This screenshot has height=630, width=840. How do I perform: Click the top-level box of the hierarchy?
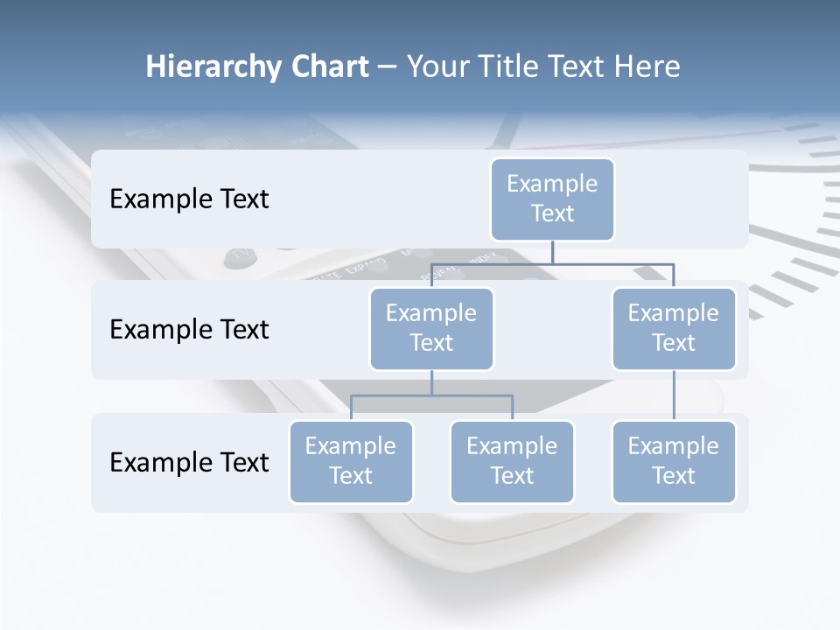point(552,199)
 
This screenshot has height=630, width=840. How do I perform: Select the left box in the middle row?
point(431,328)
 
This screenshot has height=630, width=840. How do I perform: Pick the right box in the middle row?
point(674,328)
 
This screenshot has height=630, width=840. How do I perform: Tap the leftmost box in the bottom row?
point(351,461)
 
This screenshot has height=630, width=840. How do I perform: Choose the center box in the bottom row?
point(512,461)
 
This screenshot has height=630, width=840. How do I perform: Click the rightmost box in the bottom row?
point(674,461)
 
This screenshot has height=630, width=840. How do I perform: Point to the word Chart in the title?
point(325,66)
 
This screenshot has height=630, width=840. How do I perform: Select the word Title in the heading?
point(515,66)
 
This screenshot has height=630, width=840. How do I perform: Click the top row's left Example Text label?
point(189,199)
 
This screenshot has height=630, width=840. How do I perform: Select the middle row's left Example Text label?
point(189,330)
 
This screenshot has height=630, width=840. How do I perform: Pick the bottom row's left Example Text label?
point(189,462)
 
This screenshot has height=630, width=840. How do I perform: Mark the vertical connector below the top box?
point(552,252)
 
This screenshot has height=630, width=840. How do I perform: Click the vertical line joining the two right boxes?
point(674,395)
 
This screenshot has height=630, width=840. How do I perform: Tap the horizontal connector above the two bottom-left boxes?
point(431,395)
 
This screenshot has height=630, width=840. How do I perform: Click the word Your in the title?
point(439,66)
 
